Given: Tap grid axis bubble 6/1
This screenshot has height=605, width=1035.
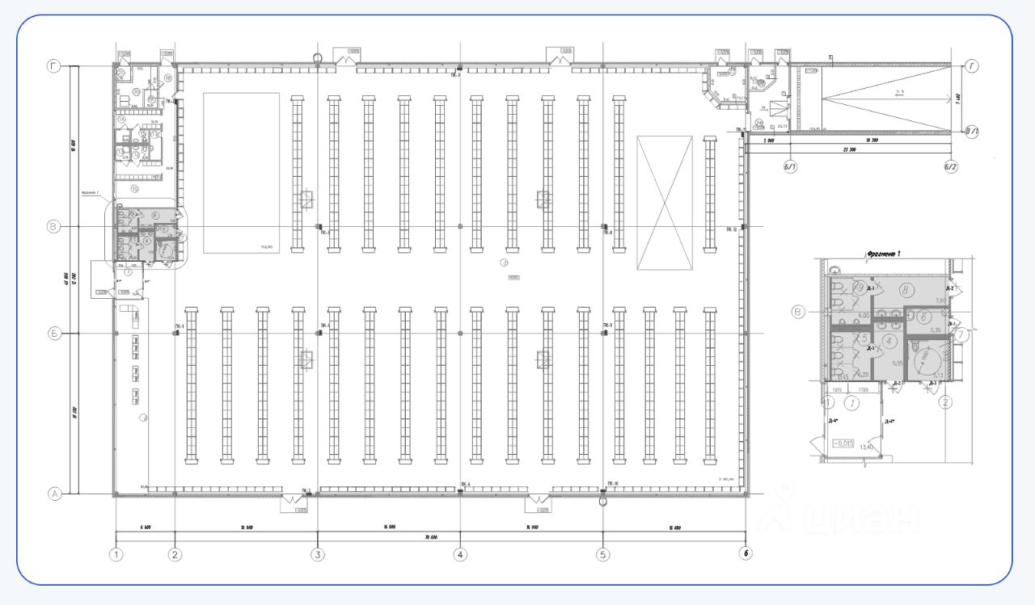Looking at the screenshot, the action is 789,167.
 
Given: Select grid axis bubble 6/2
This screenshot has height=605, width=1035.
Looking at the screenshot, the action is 951,167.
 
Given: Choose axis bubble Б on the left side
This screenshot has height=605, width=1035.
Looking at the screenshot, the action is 55,333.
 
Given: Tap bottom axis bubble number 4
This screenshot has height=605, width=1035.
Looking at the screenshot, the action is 460,555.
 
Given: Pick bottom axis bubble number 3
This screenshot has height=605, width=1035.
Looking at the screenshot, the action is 318,555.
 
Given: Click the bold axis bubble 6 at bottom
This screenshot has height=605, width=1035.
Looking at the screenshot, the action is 746,554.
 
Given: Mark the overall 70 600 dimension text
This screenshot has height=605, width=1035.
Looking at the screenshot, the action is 429,537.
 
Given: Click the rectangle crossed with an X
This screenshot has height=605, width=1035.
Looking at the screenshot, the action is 665,203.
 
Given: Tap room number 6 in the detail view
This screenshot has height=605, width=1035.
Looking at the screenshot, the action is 921,316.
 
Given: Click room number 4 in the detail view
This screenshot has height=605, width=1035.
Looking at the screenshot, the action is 890,341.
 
